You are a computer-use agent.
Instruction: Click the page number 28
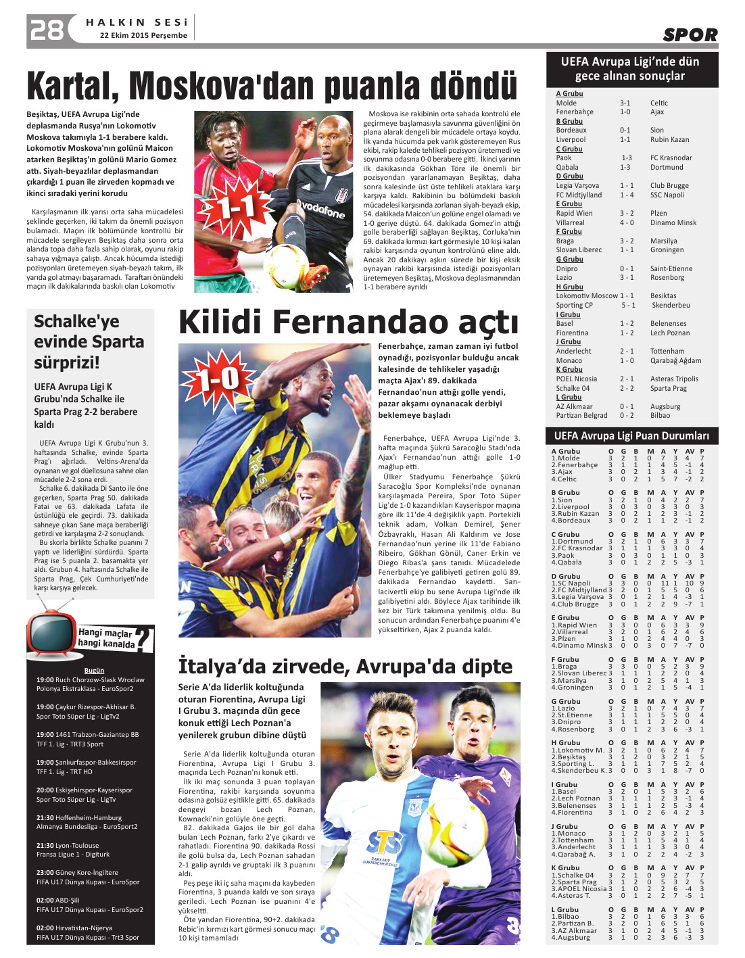click(46, 30)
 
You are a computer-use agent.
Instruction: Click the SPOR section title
click(690, 35)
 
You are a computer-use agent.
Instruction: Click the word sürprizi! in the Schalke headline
click(67, 363)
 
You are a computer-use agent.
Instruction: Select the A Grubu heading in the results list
click(569, 94)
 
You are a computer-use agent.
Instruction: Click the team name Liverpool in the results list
click(571, 140)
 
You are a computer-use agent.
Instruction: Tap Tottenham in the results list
click(667, 352)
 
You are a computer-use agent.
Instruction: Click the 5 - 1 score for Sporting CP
click(628, 306)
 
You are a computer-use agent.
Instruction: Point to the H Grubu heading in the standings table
click(567, 743)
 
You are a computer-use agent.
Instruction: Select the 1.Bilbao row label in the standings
click(569, 917)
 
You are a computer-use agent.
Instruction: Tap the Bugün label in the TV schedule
click(94, 671)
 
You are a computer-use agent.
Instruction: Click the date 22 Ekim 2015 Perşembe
click(143, 36)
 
